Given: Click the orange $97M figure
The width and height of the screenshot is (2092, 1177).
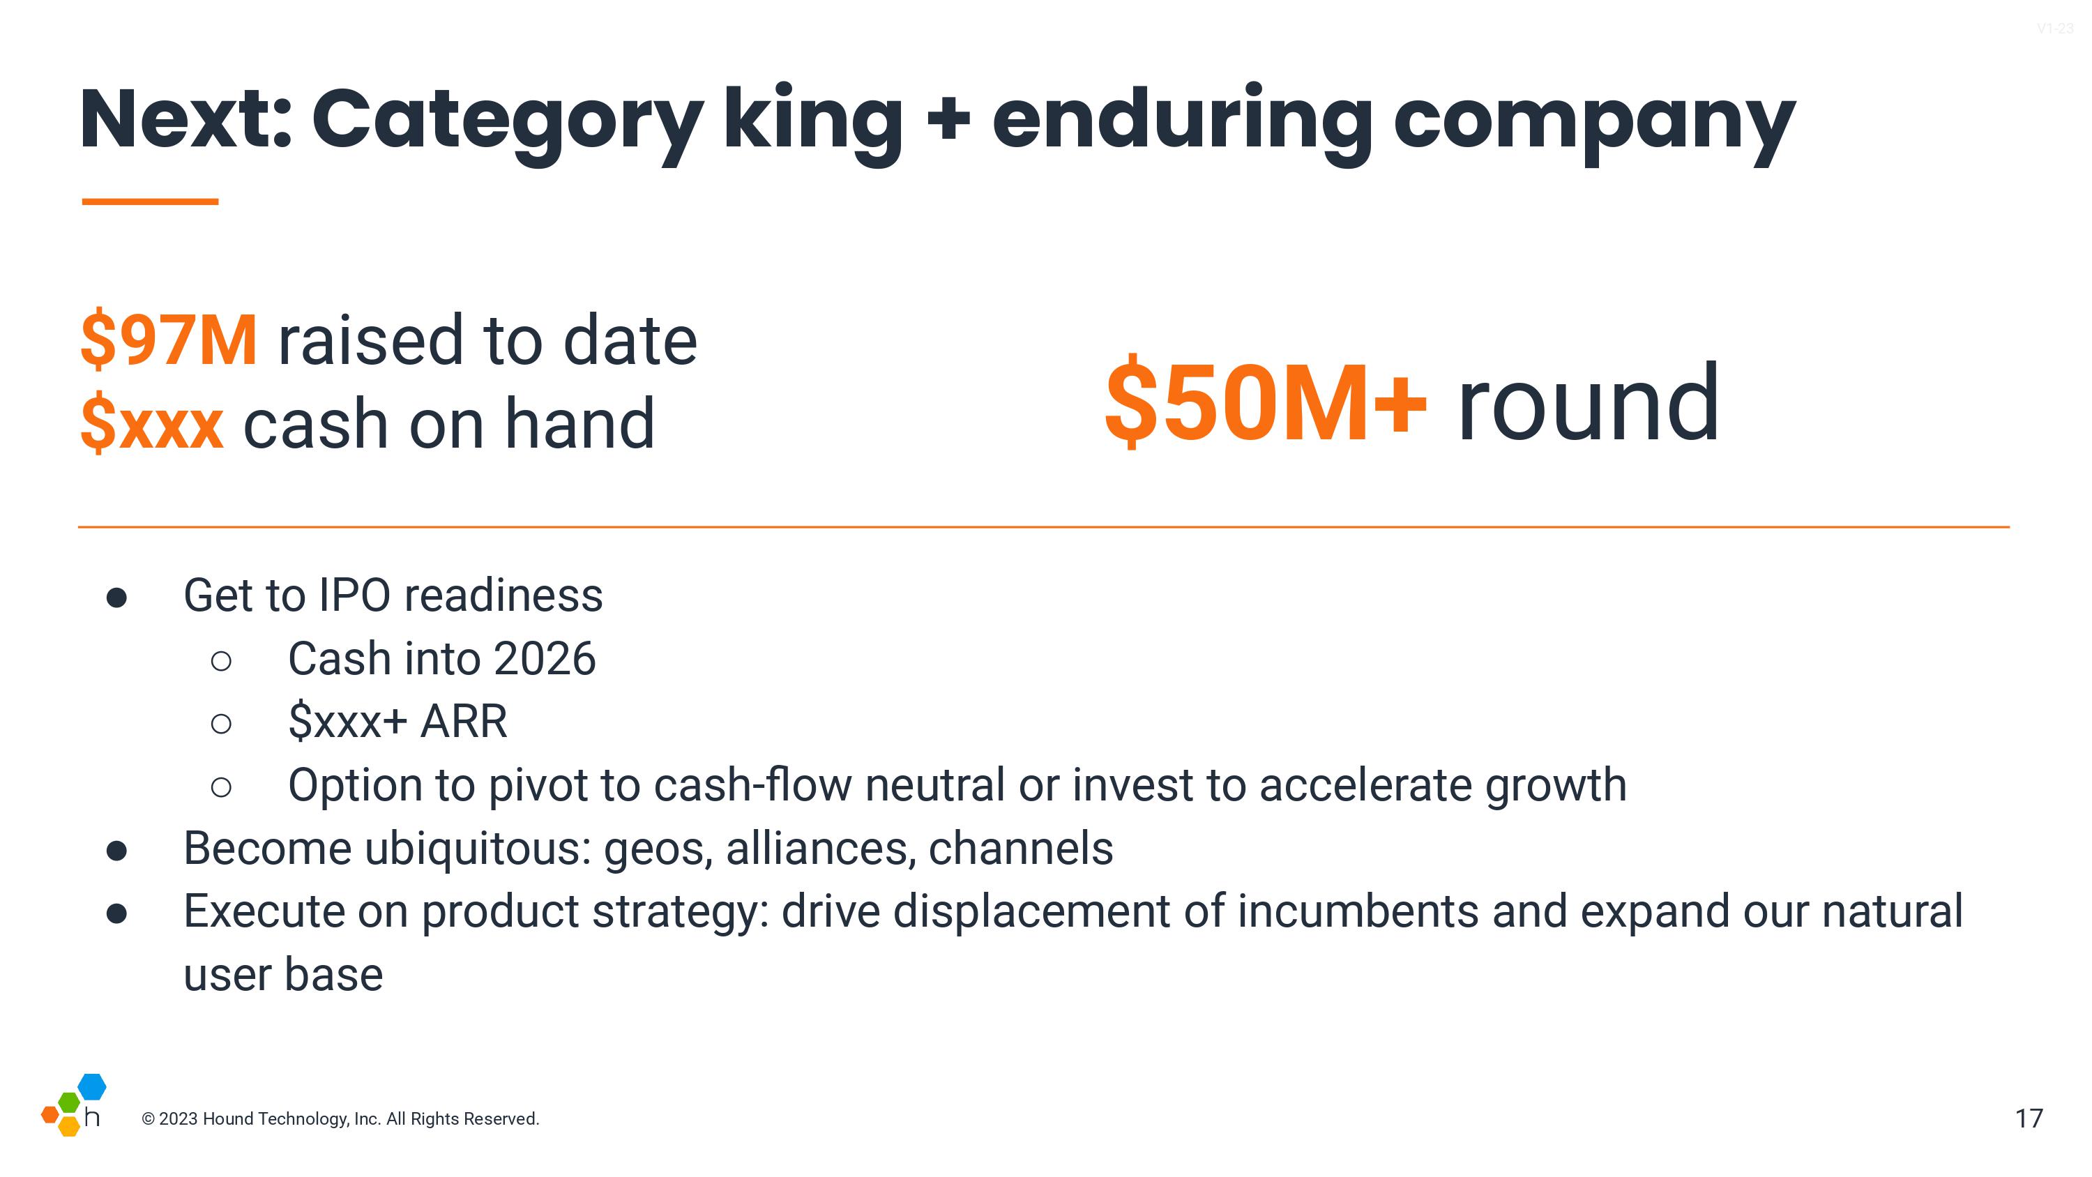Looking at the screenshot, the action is (x=169, y=340).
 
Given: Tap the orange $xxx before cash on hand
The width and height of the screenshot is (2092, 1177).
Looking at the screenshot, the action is (x=152, y=423).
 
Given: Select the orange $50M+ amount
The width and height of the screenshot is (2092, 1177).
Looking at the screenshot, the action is (x=1265, y=402).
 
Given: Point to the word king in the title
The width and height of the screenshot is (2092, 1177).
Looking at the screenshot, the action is (x=812, y=122).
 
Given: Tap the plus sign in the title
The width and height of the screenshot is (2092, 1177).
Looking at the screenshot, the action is (x=948, y=119).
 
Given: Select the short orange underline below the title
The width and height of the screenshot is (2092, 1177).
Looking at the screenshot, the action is (x=150, y=202).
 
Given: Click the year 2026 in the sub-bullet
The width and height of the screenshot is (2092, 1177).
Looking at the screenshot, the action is (x=544, y=658).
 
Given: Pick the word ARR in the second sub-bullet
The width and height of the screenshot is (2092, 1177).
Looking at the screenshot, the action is (x=464, y=721).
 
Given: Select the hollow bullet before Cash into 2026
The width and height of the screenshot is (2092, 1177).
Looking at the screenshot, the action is (x=221, y=660).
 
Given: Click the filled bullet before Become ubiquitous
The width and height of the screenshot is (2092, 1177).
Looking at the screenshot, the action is (x=117, y=851).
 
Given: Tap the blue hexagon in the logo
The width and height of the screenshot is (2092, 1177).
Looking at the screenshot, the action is (x=92, y=1086).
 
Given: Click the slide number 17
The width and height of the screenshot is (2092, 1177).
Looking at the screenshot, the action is (x=2029, y=1118).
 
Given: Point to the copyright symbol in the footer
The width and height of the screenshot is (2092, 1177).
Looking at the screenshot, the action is (x=149, y=1119).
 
